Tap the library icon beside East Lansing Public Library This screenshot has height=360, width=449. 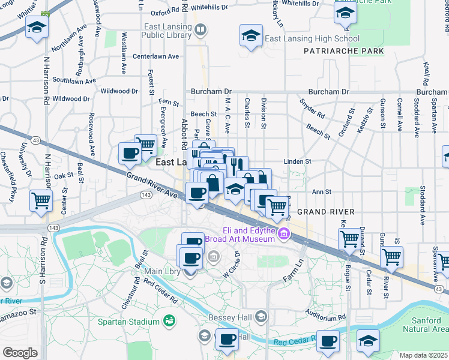(x=200, y=29)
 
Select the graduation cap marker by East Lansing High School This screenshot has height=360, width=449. (x=251, y=35)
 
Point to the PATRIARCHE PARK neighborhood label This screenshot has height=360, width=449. (x=343, y=52)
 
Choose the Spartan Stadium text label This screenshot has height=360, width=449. (x=128, y=322)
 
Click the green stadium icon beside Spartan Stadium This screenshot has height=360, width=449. (x=169, y=322)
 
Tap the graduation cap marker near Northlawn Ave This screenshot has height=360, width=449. (x=37, y=28)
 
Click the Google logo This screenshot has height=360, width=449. (x=20, y=352)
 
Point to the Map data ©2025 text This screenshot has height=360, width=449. (x=424, y=355)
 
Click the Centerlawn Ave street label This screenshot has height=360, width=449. (x=156, y=56)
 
